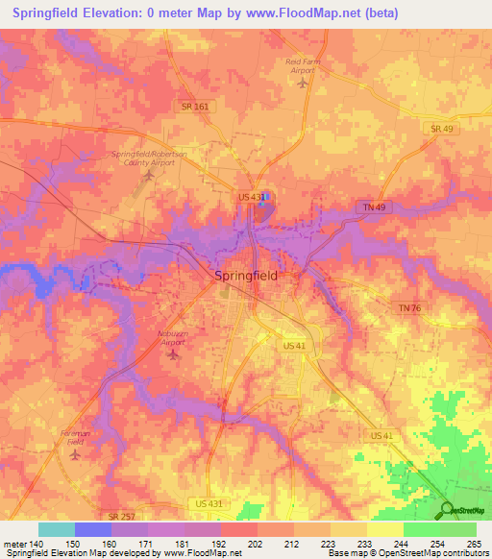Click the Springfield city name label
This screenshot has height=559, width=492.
click(x=245, y=275)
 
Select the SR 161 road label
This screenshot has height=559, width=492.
click(x=194, y=107)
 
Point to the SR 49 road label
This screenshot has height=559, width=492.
click(x=441, y=128)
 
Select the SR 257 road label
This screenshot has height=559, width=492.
click(x=122, y=516)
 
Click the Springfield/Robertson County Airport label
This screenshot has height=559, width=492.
click(x=148, y=158)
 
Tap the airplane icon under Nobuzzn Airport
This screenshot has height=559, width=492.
click(x=173, y=354)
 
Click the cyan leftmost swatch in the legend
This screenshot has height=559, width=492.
click(x=56, y=529)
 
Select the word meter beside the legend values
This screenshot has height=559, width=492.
click(x=15, y=544)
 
